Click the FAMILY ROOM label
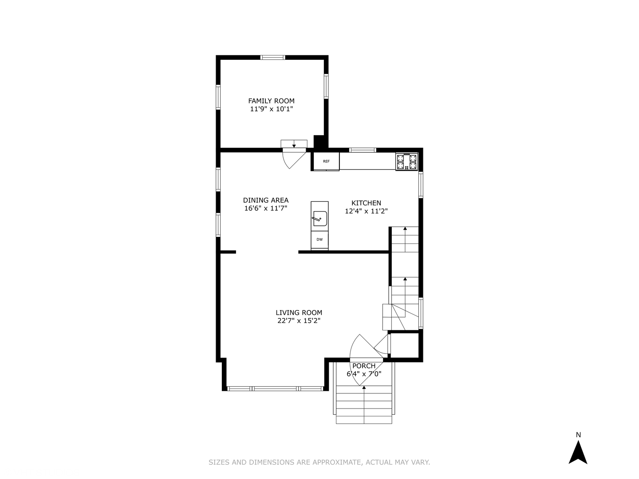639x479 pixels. [x=271, y=101]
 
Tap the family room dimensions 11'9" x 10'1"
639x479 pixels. [x=271, y=109]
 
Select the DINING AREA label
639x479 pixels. [x=265, y=200]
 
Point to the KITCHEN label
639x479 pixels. [x=366, y=203]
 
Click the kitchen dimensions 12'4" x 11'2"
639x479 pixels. [x=366, y=211]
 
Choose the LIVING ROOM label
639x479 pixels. [x=299, y=312]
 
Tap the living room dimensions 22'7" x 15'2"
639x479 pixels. [x=299, y=321]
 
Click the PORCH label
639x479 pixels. [x=364, y=366]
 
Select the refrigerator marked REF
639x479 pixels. [x=326, y=161]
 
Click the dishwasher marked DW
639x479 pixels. [x=319, y=239]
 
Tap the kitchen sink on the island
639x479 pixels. [x=319, y=218]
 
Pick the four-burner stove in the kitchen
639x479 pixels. [x=406, y=161]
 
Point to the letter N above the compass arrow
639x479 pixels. [x=578, y=435]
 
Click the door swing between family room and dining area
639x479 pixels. [x=293, y=157]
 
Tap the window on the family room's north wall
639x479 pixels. [x=272, y=57]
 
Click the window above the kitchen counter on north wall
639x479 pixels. [x=363, y=150]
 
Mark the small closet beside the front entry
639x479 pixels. [x=405, y=344]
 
